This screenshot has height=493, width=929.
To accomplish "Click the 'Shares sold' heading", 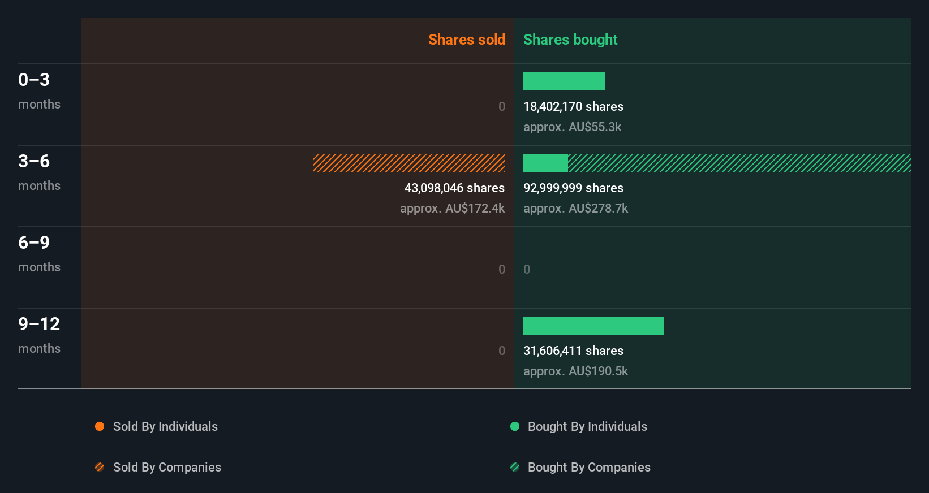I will click(x=466, y=40).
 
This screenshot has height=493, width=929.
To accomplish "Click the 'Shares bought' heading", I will click(x=570, y=40).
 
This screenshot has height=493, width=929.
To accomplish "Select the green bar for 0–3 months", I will click(x=564, y=81).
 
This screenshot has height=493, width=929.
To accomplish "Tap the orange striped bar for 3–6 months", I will click(x=408, y=163).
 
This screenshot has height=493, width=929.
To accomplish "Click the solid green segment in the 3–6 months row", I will click(x=545, y=163).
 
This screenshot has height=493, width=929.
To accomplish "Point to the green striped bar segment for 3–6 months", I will click(x=739, y=163).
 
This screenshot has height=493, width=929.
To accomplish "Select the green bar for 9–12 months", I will click(x=593, y=326).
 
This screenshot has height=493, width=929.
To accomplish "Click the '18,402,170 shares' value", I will click(x=573, y=107).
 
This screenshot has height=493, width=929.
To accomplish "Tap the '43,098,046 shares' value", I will click(x=454, y=188).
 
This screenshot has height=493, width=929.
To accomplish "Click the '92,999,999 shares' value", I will click(x=573, y=188).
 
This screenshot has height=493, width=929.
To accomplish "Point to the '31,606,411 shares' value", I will click(x=573, y=351).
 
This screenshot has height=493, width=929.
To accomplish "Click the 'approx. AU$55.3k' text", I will click(x=572, y=127).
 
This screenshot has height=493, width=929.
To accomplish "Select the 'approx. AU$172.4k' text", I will click(x=452, y=209).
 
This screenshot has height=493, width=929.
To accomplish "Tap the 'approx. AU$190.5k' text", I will click(x=575, y=371).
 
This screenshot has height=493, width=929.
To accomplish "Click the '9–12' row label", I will click(x=39, y=324).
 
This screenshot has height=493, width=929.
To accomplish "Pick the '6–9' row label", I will click(x=34, y=243).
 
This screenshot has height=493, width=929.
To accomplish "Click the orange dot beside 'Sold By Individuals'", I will click(x=100, y=426).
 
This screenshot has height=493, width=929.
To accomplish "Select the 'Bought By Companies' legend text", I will click(x=588, y=467).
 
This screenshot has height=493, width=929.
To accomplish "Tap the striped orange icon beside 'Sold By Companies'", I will click(x=100, y=467).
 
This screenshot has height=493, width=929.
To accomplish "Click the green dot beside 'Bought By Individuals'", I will click(x=515, y=426).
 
